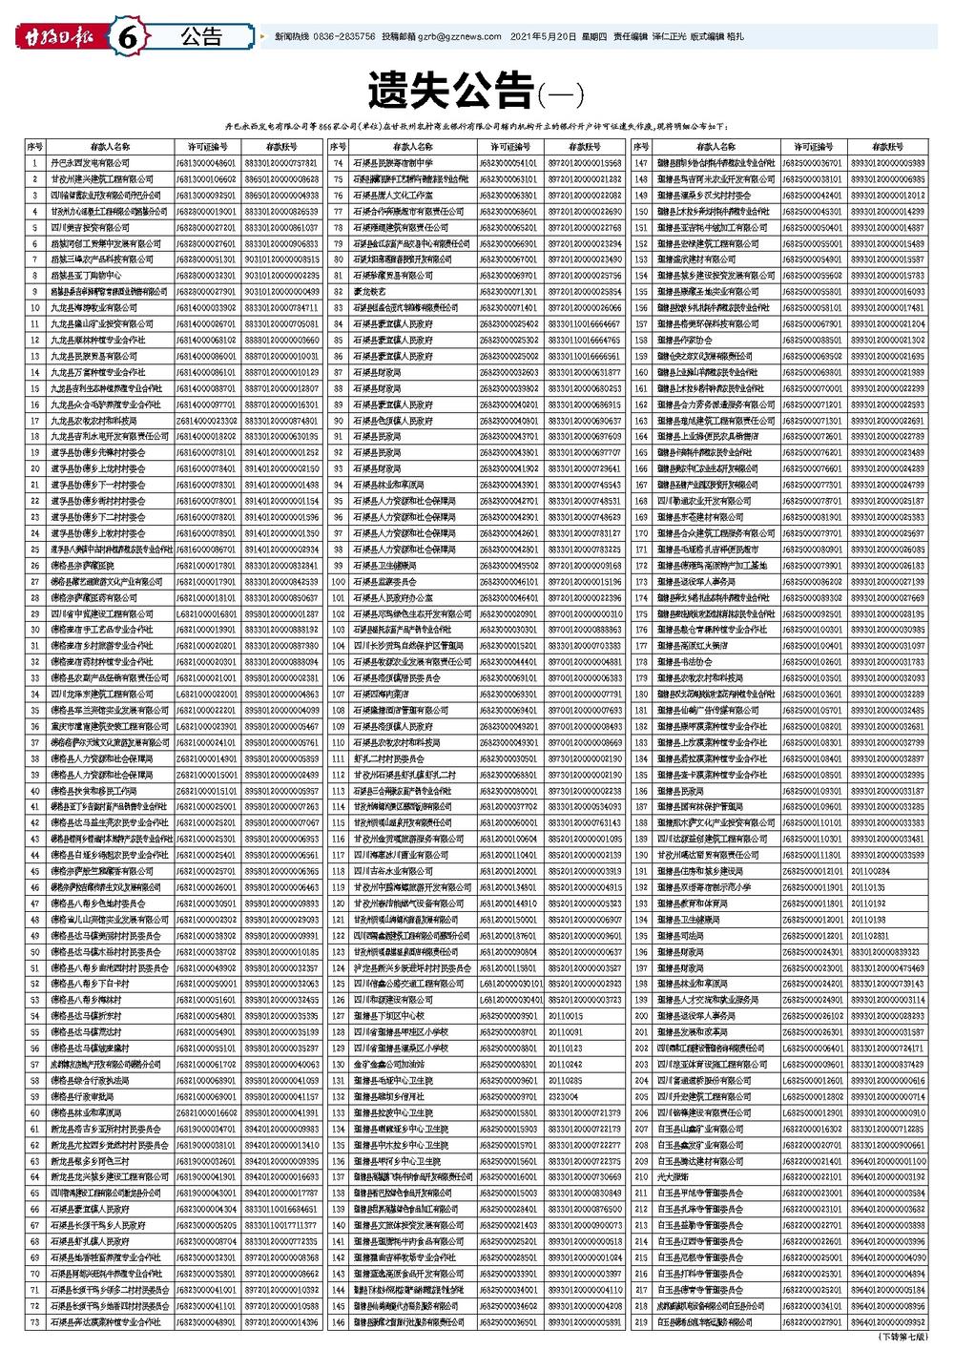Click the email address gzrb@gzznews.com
click(x=467, y=37)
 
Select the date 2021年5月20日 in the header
click(x=544, y=37)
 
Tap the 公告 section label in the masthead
click(x=200, y=37)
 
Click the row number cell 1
click(x=35, y=163)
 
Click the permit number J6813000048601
click(x=206, y=163)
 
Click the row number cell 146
click(x=338, y=1321)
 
